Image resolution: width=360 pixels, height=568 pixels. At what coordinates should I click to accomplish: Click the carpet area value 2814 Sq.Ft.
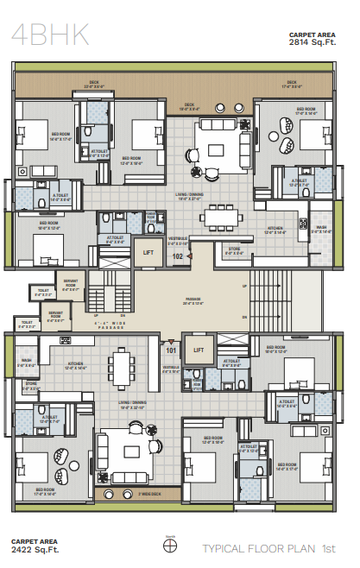click(x=308, y=40)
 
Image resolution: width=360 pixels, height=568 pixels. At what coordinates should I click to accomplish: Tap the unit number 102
click(x=178, y=256)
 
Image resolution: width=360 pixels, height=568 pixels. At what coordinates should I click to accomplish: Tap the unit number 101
click(x=171, y=350)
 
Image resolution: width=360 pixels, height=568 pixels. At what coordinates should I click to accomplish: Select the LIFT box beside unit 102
click(x=148, y=251)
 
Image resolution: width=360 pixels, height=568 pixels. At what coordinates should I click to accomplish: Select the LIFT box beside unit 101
click(x=199, y=350)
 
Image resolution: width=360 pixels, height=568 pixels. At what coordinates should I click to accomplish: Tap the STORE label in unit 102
click(x=234, y=250)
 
